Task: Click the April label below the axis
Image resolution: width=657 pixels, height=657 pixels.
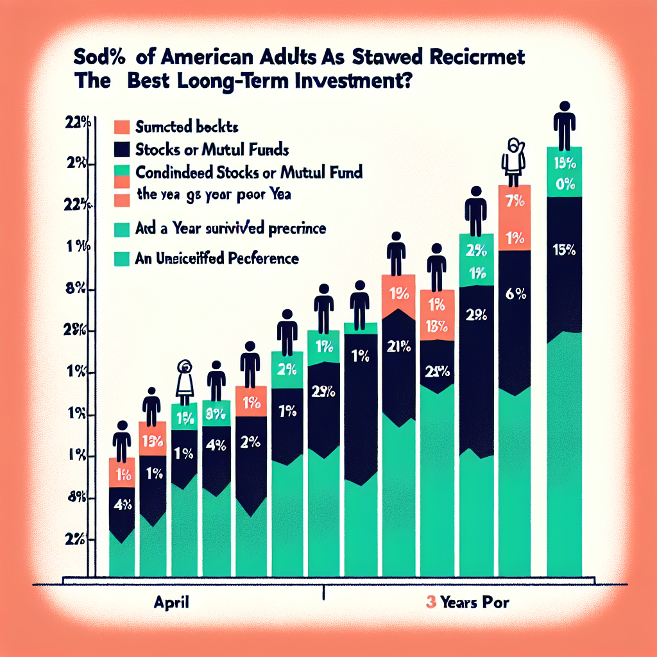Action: (x=170, y=603)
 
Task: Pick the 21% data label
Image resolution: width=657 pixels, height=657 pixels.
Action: (x=399, y=348)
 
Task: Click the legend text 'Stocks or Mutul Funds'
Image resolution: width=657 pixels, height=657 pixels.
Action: (x=212, y=151)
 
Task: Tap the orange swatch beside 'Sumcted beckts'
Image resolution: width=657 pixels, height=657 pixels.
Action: (x=124, y=126)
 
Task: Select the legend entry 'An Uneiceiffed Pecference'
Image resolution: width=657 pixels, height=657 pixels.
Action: (x=218, y=259)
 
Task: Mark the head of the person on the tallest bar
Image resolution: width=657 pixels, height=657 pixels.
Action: (x=564, y=107)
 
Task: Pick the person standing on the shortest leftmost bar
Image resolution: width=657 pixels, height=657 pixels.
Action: (x=122, y=439)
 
